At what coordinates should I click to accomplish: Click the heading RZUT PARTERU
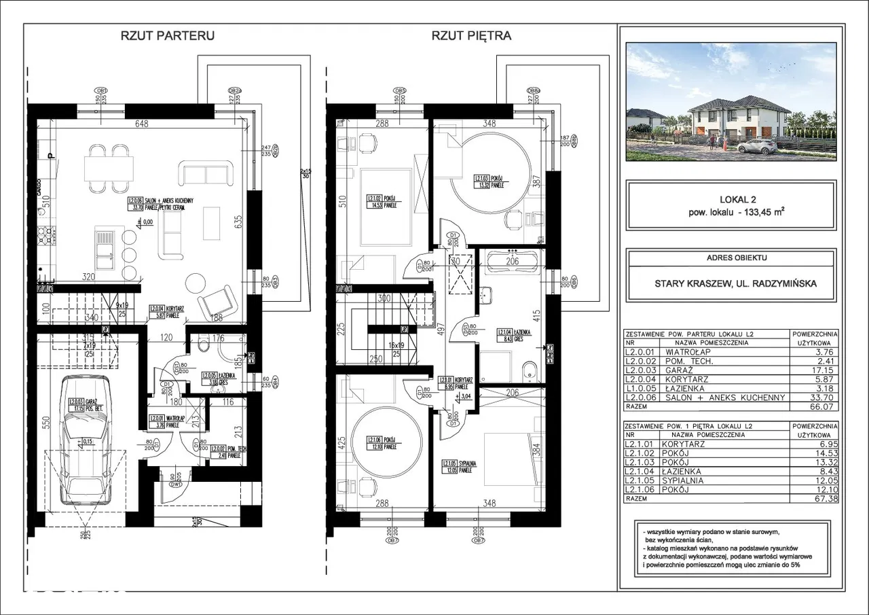pyautogui.click(x=167, y=36)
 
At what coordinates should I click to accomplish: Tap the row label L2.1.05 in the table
pyautogui.click(x=644, y=480)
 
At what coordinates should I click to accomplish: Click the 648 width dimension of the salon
pyautogui.click(x=142, y=124)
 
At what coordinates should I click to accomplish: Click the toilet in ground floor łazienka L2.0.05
pyautogui.click(x=203, y=346)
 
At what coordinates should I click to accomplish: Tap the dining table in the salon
pyautogui.click(x=109, y=166)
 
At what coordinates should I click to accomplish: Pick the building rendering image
pyautogui.click(x=731, y=102)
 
